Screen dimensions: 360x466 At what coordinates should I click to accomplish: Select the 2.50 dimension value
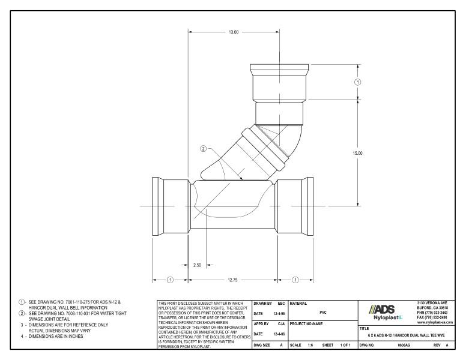pos(197,264)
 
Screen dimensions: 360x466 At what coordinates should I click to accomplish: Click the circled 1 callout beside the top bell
pos(359,82)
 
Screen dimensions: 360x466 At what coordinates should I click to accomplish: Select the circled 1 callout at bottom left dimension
pos(169,279)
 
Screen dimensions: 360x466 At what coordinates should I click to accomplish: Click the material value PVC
pos(323,313)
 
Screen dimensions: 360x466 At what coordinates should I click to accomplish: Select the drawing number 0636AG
pos(404,346)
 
